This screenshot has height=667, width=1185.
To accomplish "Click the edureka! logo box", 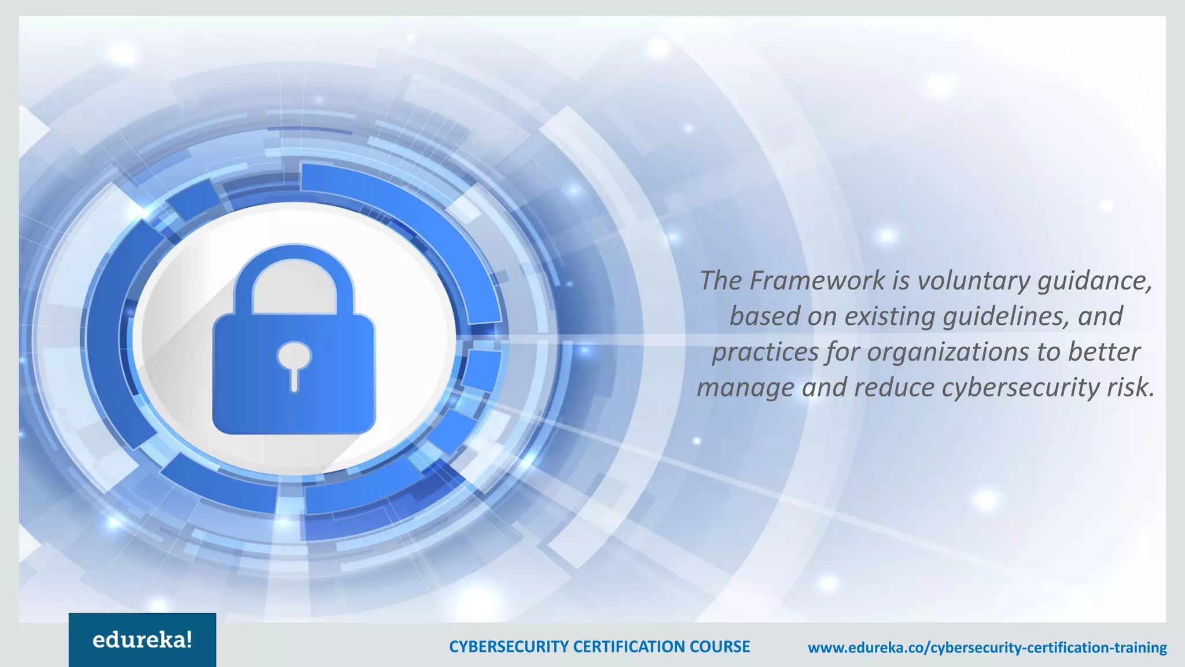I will point(142,640).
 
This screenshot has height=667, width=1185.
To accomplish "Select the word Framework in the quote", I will point(817,281).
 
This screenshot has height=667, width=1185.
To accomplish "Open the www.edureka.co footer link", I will point(987,647).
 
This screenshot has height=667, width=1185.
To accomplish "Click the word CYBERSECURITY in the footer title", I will point(509,647).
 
